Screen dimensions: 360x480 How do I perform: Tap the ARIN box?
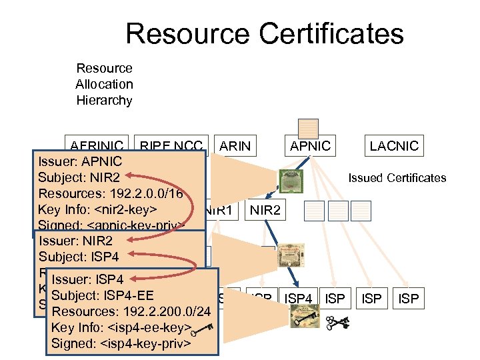tap(236, 146)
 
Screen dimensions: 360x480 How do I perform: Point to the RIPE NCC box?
tap(170, 145)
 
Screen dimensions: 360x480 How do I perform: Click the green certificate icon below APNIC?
tap(291, 179)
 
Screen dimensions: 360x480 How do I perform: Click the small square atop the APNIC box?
tap(308, 129)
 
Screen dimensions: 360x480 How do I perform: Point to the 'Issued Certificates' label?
tap(397, 178)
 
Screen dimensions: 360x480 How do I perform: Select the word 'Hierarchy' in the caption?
tap(104, 101)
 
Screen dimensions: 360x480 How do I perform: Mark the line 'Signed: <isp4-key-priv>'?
tap(121, 343)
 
